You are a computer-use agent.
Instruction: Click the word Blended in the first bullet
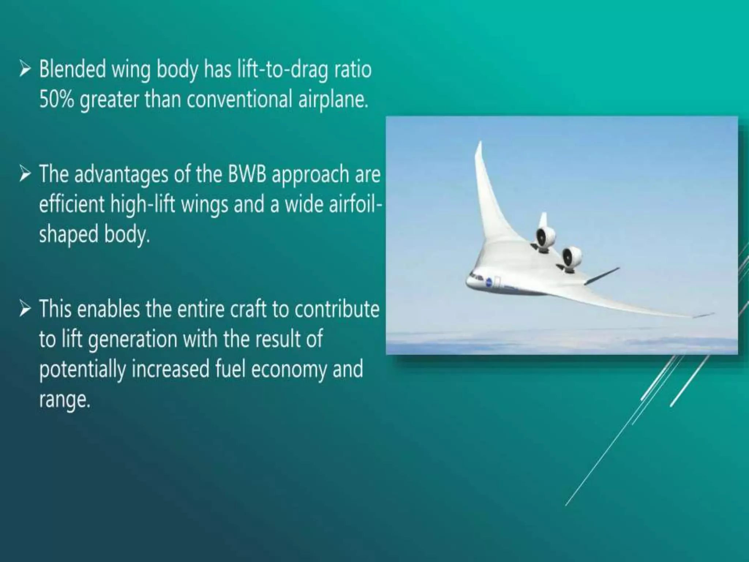[72, 70]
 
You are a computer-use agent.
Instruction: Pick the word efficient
[72, 204]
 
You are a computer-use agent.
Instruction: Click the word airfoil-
[355, 204]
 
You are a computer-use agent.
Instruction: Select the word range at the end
[64, 400]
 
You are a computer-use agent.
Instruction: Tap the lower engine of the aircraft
[571, 257]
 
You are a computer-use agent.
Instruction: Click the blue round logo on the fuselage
[489, 281]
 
